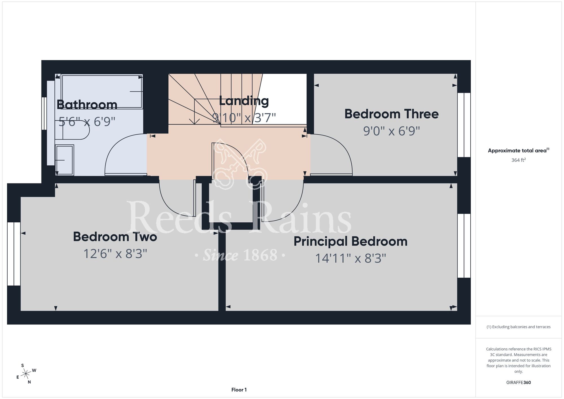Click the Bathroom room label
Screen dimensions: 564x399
click(87, 105)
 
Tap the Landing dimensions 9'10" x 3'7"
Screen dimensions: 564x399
click(244, 118)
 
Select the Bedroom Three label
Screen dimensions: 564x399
click(391, 114)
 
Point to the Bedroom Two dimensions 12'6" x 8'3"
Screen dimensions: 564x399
click(115, 254)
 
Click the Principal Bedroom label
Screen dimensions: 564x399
click(351, 242)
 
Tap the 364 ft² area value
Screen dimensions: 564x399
click(519, 160)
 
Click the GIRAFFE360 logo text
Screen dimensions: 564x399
click(519, 383)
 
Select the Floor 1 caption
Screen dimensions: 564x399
click(239, 390)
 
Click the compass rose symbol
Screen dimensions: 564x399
click(26, 374)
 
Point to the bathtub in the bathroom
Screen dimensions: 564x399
click(102, 91)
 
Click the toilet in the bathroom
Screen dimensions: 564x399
click(72, 130)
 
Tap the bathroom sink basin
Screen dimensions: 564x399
click(65, 160)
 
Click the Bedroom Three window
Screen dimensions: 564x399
click(464, 125)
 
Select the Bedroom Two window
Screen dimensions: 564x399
click(14, 254)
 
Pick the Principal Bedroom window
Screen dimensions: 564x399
click(464, 246)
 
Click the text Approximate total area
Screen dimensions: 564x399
click(517, 150)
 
